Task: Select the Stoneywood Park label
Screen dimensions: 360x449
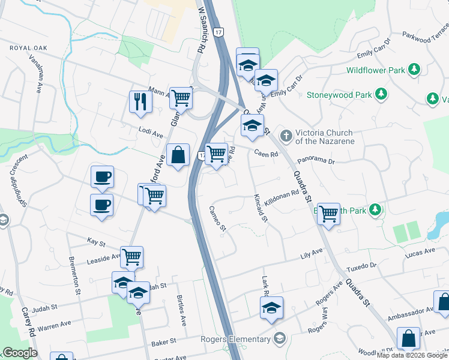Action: (339, 95)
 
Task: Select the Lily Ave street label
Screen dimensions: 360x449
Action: (312, 256)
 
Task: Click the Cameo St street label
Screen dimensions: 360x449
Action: (217, 218)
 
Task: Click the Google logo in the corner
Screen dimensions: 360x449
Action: (20, 353)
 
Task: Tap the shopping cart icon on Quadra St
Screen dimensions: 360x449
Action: (328, 214)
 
